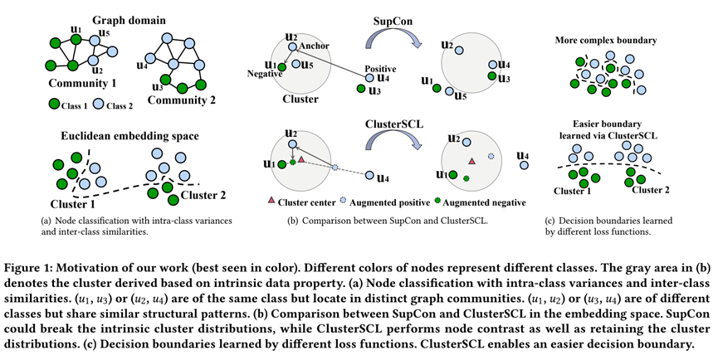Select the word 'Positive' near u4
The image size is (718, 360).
tap(379, 70)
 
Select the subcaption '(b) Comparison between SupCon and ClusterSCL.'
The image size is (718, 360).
tap(388, 221)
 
